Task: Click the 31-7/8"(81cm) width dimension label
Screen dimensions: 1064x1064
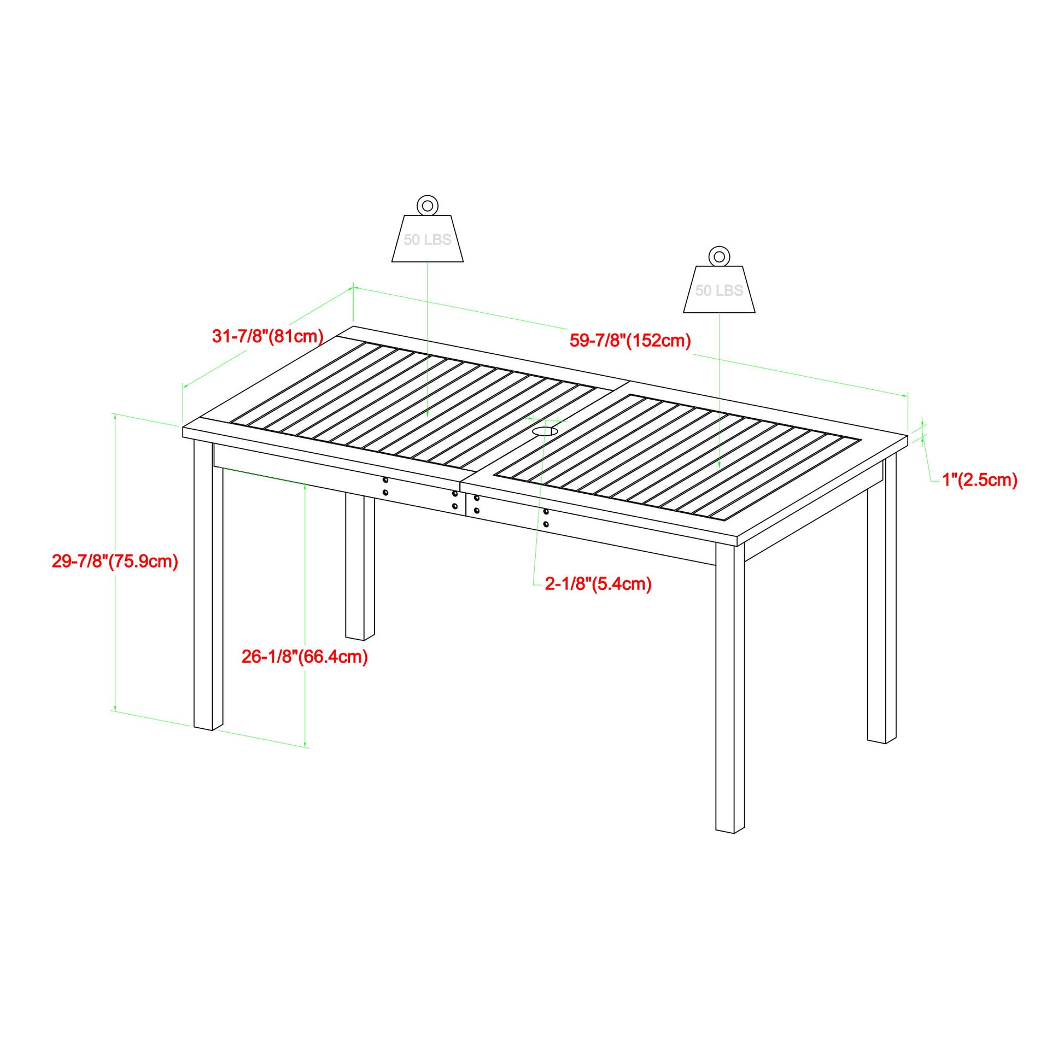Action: [268, 336]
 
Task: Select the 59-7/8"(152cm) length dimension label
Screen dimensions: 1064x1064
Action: [630, 340]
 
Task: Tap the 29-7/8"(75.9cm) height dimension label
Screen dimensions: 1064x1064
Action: [115, 562]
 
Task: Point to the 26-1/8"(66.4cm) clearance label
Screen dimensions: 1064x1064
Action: [305, 657]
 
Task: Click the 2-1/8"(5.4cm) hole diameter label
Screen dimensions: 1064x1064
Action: [598, 584]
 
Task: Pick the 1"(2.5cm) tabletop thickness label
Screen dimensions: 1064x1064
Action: [980, 480]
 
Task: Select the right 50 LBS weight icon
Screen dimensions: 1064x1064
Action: [719, 290]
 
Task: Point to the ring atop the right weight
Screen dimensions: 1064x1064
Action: [718, 256]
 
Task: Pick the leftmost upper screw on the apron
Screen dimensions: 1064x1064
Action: [385, 480]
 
